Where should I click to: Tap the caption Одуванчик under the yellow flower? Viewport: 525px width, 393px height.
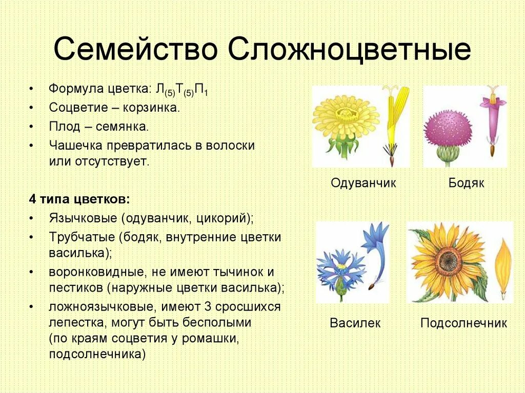(x=364, y=183)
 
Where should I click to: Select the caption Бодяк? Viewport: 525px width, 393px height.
(x=466, y=183)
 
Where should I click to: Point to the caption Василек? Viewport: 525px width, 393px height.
(x=355, y=323)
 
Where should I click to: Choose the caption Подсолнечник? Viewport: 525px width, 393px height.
(x=463, y=323)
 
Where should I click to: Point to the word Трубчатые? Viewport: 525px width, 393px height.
(x=82, y=237)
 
